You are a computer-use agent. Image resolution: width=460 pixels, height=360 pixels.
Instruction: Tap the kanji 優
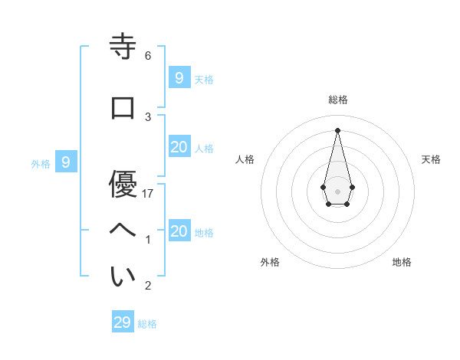[x=123, y=184]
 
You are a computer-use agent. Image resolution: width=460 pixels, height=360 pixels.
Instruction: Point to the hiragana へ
[x=123, y=231]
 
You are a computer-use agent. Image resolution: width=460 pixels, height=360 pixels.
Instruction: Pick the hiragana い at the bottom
[x=123, y=277]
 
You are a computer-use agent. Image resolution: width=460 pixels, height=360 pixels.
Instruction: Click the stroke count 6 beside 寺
[x=148, y=56]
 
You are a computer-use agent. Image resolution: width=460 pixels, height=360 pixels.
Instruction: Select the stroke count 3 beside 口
[x=148, y=116]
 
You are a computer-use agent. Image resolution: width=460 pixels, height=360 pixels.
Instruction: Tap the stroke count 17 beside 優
[x=148, y=194]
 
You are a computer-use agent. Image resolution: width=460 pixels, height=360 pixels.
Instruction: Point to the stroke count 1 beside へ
[x=148, y=240]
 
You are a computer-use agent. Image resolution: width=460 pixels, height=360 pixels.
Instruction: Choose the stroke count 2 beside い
[x=148, y=286]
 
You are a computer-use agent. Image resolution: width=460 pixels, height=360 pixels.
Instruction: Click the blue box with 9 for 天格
[x=179, y=77]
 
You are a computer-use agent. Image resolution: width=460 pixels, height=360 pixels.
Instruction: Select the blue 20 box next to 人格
[x=179, y=147]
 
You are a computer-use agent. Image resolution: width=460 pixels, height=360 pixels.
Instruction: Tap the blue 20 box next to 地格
[x=179, y=231]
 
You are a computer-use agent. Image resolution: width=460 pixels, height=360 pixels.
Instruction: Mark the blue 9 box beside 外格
[x=66, y=162]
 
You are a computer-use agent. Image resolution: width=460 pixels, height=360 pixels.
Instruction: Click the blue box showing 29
[x=123, y=322]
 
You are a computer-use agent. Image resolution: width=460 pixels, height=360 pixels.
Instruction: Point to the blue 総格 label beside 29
[x=147, y=324]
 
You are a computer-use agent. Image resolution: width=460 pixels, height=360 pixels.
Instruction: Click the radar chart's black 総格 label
[x=337, y=100]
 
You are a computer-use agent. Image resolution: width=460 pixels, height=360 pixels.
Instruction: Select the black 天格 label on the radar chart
[x=431, y=159]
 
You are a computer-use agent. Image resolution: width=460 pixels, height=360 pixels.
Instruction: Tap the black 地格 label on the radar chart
[x=402, y=262]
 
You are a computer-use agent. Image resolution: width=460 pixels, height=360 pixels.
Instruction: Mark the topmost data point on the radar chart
[x=337, y=129]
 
